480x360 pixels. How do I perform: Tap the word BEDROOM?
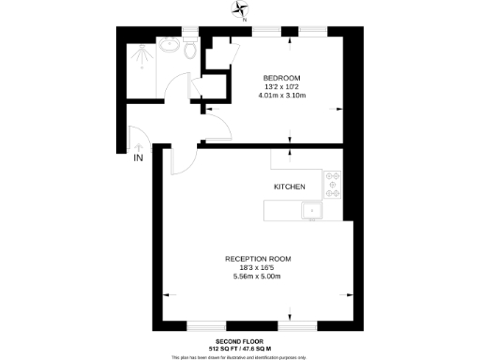pos(281,77)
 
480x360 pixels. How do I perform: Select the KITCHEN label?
pos(290,187)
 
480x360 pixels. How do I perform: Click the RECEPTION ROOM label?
pos(258,259)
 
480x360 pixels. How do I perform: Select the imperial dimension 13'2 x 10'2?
pos(281,85)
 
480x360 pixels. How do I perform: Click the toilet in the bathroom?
pos(192,50)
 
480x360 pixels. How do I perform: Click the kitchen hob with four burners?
pos(332,185)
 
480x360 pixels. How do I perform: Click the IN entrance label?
pos(138,157)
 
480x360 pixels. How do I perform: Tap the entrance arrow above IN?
pos(138,146)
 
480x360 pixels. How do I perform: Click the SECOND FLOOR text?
pos(239,341)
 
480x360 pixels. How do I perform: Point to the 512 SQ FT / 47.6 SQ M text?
pos(239,349)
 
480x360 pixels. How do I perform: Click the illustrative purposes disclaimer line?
pos(239,356)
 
